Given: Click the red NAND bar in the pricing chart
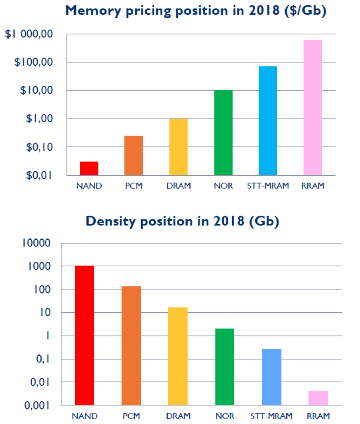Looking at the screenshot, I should click(89, 168).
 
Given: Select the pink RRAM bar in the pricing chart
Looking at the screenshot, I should click(312, 107).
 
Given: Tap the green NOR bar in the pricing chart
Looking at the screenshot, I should click(223, 133).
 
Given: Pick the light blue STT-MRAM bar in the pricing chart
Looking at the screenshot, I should click(268, 121).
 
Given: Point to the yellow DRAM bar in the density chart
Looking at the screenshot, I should click(178, 356).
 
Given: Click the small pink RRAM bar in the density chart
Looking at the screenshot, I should click(318, 398).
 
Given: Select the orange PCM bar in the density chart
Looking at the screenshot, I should click(131, 345).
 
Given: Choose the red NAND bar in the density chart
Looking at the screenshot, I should click(85, 336).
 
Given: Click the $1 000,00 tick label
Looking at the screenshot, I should click(28, 34).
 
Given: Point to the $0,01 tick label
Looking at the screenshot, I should click(39, 175).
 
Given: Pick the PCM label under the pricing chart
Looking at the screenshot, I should click(133, 186).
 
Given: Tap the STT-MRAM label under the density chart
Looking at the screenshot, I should click(271, 416).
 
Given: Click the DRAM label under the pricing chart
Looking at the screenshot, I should click(178, 186).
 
